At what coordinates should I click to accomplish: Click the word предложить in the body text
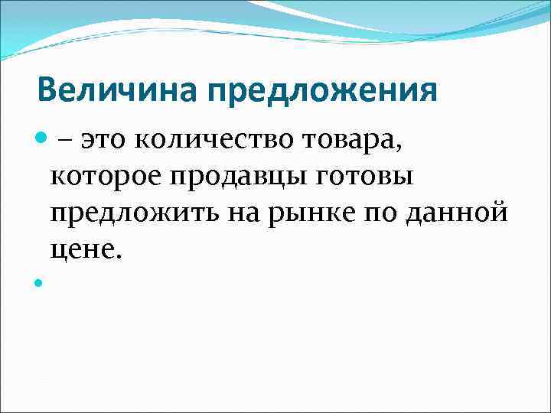134,214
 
